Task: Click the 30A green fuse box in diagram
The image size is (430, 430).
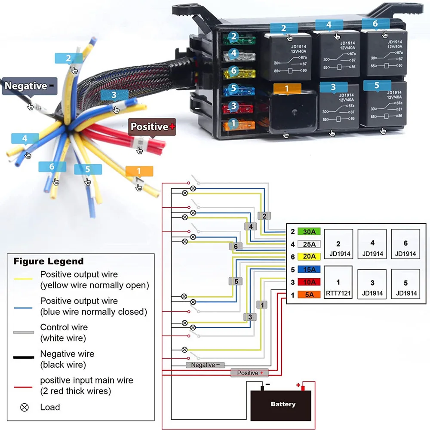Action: (309, 232)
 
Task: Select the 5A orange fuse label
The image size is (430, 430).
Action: (309, 295)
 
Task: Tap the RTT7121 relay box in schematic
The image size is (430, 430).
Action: (338, 283)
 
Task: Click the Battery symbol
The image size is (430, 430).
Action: (283, 404)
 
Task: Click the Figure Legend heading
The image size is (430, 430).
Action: (49, 261)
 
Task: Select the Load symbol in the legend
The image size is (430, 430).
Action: (25, 407)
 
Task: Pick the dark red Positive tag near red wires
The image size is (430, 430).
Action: (153, 126)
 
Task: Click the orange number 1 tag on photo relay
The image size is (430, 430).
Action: (287, 88)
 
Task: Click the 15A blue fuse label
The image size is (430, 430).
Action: (309, 270)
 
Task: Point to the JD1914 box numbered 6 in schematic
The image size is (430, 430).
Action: (405, 244)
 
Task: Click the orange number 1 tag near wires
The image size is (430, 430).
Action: (139, 171)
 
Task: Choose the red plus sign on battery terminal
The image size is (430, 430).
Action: (298, 385)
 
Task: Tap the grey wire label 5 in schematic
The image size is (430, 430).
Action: (236, 281)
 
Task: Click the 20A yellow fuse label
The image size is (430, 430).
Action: (309, 257)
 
